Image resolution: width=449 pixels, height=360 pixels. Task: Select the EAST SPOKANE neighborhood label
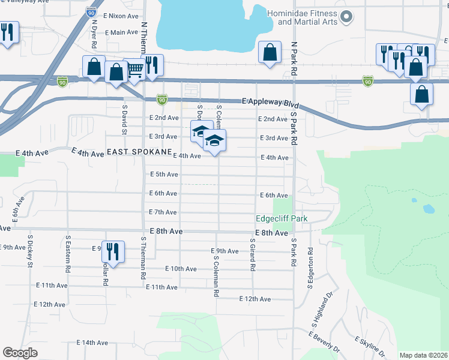(139, 153)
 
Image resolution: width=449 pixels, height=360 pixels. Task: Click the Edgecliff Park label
(282, 218)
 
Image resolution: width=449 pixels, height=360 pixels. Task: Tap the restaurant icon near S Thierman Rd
(113, 251)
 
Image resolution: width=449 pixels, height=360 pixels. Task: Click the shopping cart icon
(134, 70)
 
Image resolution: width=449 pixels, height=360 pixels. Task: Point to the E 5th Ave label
(163, 175)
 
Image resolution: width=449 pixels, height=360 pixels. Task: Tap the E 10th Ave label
(167, 268)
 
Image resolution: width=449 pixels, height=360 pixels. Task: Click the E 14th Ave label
(92, 343)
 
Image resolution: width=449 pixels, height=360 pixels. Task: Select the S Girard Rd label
(253, 254)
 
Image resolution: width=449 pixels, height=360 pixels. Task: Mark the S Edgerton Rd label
(311, 268)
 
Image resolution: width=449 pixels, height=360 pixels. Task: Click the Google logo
(20, 353)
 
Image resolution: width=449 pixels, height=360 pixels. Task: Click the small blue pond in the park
(428, 209)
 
